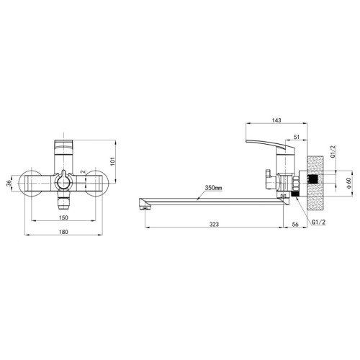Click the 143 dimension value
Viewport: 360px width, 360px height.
click(x=276, y=120)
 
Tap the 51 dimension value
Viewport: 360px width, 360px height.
click(x=297, y=137)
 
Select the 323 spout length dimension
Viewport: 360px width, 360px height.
click(x=214, y=224)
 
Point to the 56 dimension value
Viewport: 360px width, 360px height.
click(x=295, y=224)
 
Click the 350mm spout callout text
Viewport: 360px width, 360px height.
click(x=213, y=188)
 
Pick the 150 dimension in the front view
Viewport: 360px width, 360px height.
click(x=63, y=217)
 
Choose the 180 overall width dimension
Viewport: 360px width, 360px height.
click(x=63, y=232)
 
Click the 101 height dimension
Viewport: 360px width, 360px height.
click(x=113, y=161)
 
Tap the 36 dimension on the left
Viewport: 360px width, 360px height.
click(x=9, y=184)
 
